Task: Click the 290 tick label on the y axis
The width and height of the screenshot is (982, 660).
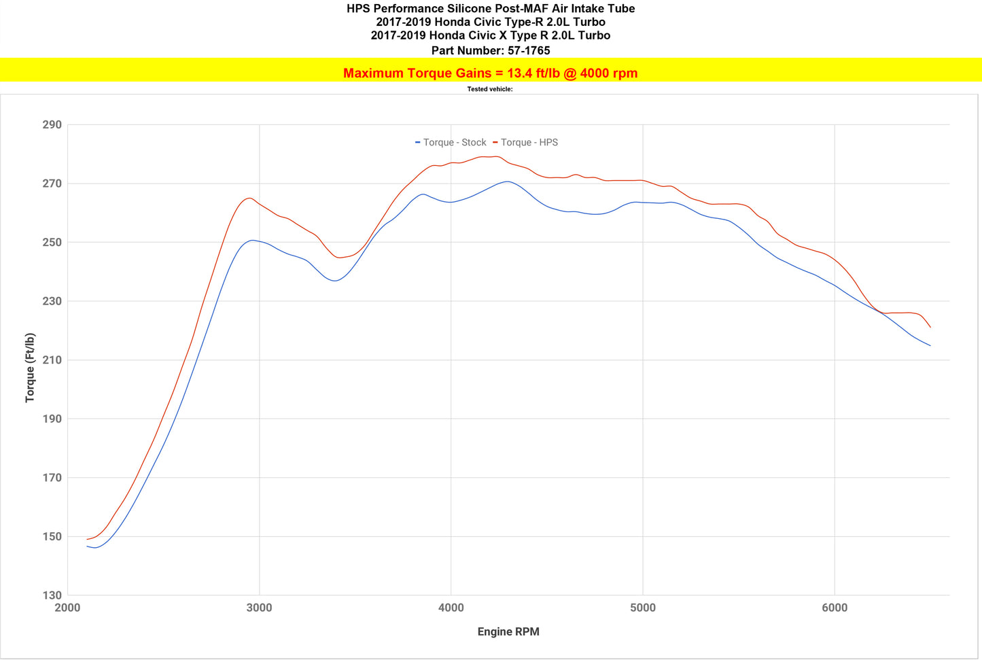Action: click(52, 125)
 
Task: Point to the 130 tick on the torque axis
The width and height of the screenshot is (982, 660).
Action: click(52, 595)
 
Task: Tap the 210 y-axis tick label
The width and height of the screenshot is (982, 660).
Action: click(52, 360)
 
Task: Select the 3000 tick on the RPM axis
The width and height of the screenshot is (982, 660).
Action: click(259, 608)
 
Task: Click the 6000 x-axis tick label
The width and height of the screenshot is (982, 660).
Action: click(834, 608)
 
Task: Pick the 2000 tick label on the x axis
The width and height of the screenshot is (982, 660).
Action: click(67, 608)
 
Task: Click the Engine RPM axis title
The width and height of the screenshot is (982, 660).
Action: click(508, 631)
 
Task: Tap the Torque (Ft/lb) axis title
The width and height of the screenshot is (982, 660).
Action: click(30, 368)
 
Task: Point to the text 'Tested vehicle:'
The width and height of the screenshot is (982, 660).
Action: click(490, 89)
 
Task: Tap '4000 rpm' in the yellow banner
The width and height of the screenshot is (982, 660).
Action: click(609, 73)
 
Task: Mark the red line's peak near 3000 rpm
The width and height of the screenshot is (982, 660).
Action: click(249, 198)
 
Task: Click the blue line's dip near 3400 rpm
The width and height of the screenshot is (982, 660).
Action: click(334, 281)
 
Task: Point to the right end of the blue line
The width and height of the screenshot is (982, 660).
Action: click(930, 346)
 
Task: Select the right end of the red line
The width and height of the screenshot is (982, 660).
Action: click(930, 328)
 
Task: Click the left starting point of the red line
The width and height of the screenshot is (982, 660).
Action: click(87, 539)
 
